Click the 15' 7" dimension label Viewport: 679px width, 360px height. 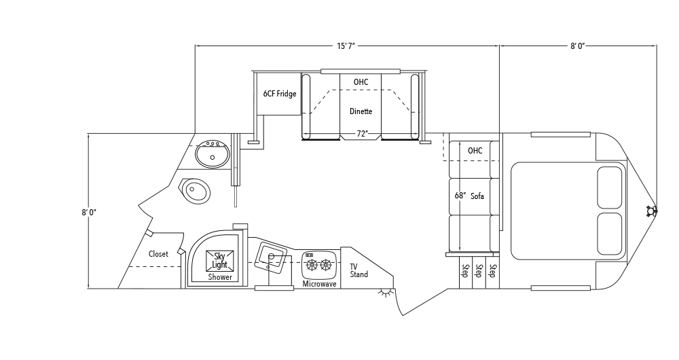(x=346, y=46)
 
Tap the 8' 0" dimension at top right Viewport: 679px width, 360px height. (x=577, y=46)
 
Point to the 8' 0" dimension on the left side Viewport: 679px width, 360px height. (x=89, y=213)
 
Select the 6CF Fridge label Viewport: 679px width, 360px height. (x=280, y=94)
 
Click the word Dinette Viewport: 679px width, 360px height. (x=361, y=111)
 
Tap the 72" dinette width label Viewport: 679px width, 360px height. (x=363, y=133)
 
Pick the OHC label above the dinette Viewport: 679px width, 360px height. (x=361, y=82)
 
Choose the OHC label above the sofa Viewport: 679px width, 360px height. (x=475, y=151)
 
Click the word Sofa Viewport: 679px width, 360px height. (x=477, y=196)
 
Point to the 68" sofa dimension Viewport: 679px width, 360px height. (x=460, y=196)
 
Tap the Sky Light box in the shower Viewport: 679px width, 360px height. (x=219, y=261)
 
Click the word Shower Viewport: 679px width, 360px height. (x=220, y=277)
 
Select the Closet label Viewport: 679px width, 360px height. (x=158, y=254)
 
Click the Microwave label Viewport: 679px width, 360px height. (x=320, y=284)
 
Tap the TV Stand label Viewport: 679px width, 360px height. (x=359, y=270)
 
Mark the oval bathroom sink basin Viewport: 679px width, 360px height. (x=213, y=155)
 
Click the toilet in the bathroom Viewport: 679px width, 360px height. (x=195, y=191)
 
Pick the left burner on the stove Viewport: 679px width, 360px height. (x=312, y=264)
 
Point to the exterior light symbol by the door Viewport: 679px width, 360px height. (x=384, y=293)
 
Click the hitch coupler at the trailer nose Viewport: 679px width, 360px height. (x=651, y=211)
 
